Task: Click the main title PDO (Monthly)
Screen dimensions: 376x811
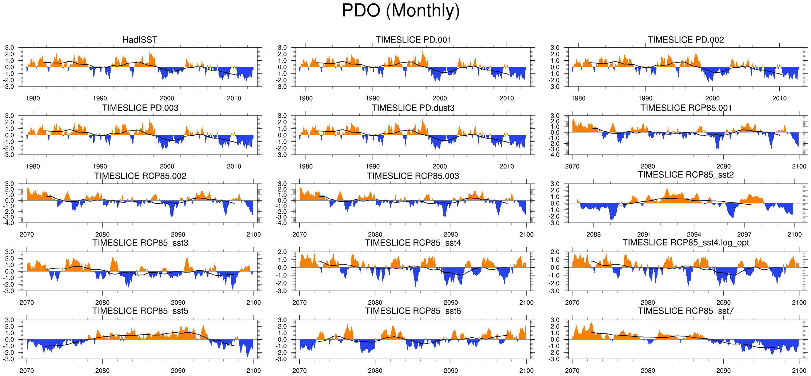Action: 401,11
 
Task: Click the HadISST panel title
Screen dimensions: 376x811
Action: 140,40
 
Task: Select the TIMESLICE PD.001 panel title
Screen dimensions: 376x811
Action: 413,40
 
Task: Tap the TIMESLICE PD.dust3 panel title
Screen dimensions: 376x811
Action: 413,108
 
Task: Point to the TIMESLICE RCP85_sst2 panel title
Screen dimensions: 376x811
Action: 686,175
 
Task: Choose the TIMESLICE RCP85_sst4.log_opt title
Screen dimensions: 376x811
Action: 686,243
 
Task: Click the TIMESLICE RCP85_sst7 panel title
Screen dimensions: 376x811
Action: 686,311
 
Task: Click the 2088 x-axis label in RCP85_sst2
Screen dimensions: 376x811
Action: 594,235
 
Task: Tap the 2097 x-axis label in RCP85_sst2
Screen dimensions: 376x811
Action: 744,235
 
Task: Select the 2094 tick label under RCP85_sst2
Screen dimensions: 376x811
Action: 694,235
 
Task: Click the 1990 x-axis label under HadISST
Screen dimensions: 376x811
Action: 100,98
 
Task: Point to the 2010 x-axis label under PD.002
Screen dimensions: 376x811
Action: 779,98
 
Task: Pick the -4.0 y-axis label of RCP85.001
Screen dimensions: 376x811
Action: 555,155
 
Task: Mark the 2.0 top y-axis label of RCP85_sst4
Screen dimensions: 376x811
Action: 282,252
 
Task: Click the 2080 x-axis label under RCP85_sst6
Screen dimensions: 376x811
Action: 375,371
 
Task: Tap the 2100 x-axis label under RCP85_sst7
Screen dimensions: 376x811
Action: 799,371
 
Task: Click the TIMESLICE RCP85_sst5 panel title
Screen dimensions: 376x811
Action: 140,311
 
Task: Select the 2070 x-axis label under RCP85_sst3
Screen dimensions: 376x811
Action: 27,303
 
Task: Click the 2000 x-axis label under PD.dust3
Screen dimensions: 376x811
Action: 439,166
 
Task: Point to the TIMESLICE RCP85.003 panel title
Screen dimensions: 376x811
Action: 413,176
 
